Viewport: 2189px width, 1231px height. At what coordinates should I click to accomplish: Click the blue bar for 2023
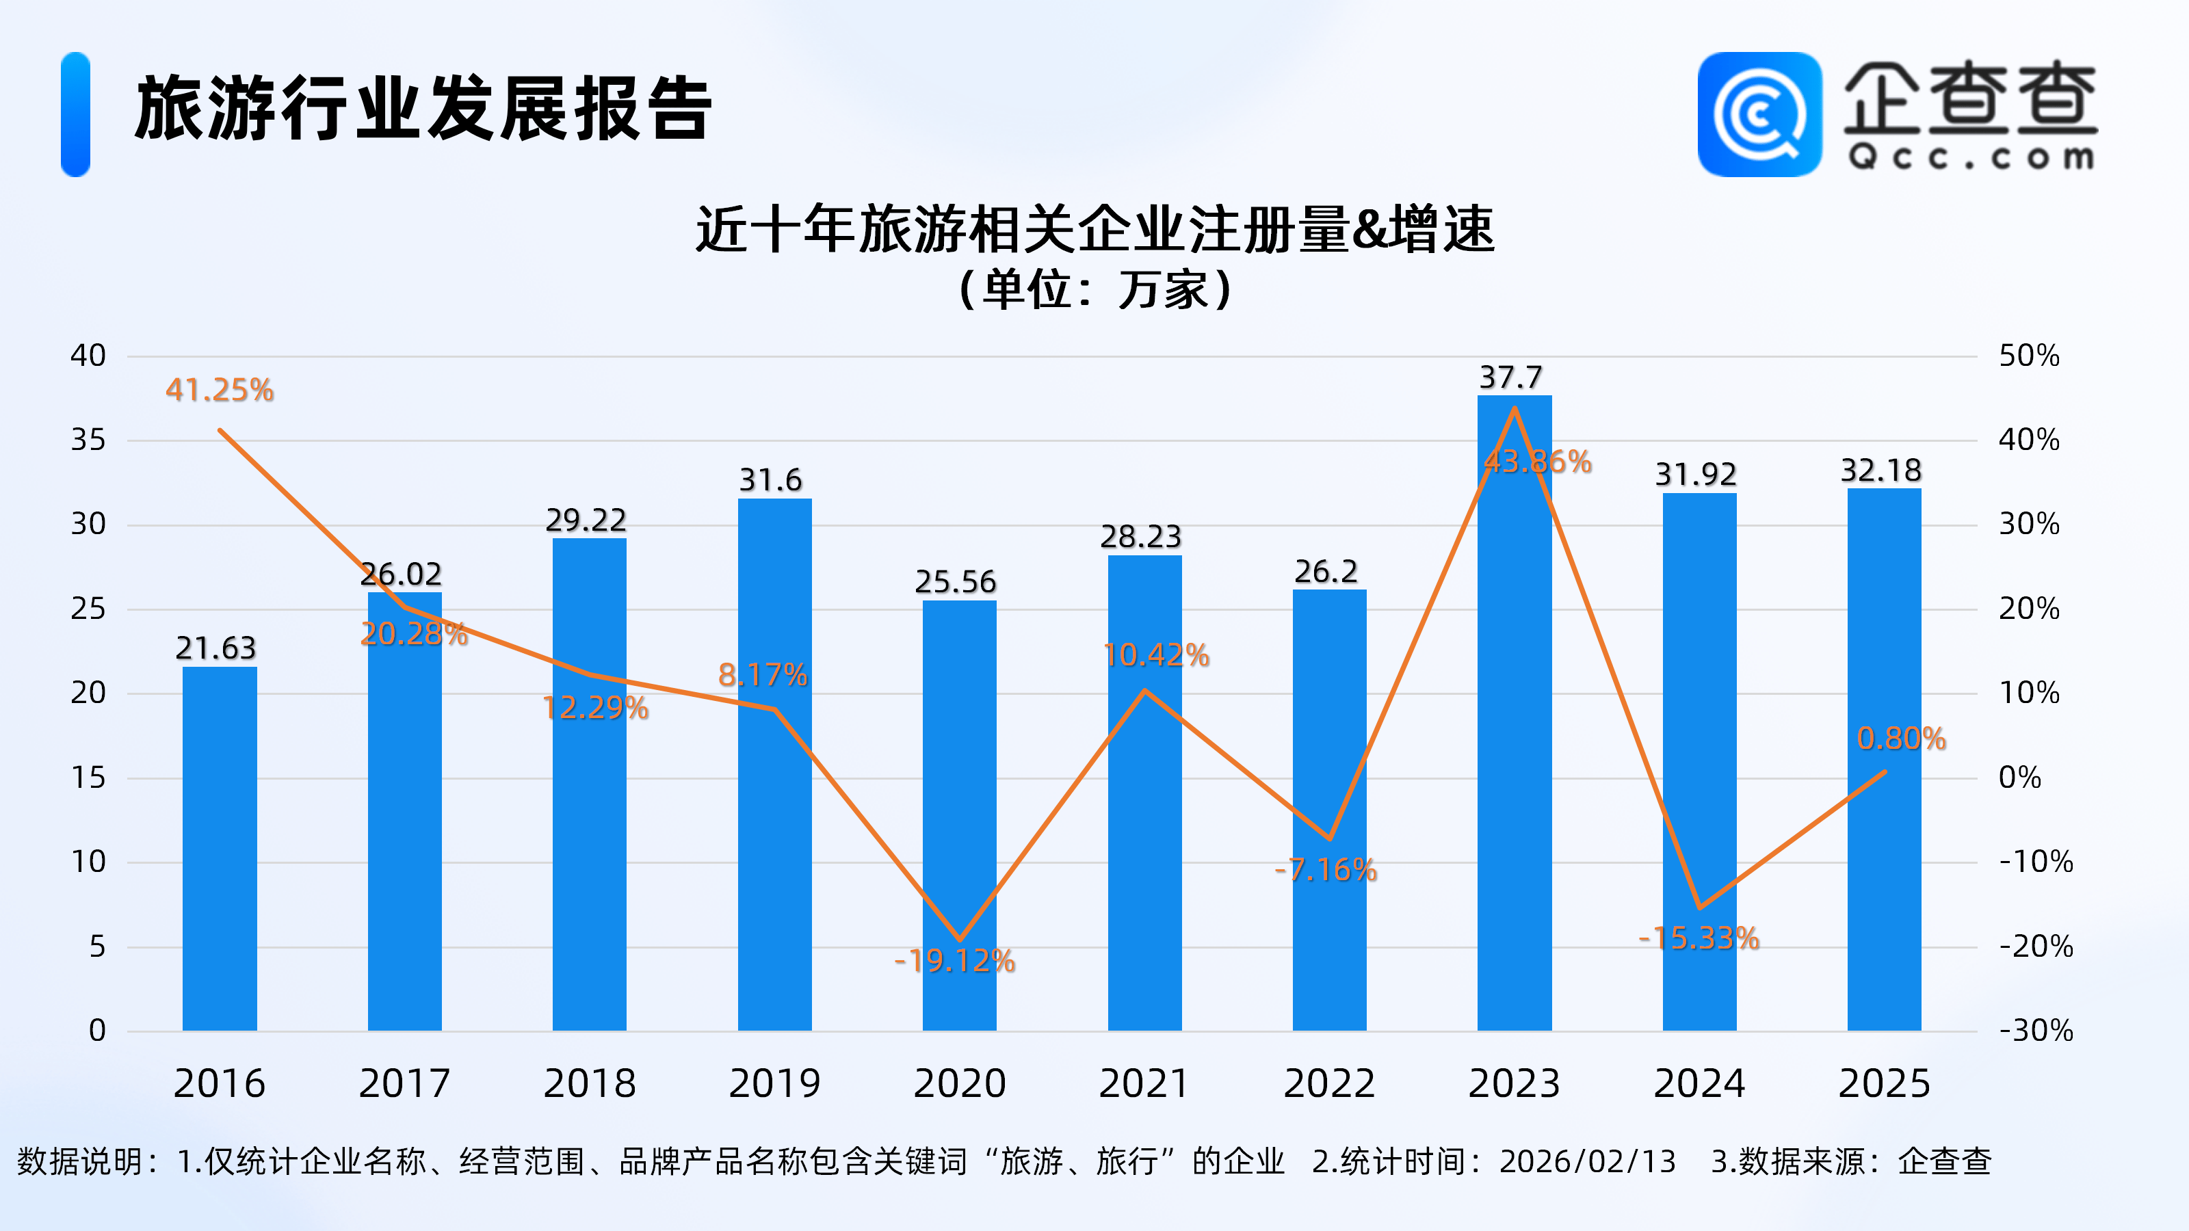pyautogui.click(x=1515, y=722)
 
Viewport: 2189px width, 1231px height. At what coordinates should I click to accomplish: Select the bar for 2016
pyautogui.click(x=219, y=849)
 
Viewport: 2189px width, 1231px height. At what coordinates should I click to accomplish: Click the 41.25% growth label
pyautogui.click(x=219, y=390)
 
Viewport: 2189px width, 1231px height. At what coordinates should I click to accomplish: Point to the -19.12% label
pyautogui.click(x=954, y=961)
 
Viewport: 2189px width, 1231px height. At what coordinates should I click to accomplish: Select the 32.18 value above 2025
pyautogui.click(x=1880, y=471)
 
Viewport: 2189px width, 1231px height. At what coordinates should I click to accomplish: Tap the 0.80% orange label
pyautogui.click(x=1901, y=739)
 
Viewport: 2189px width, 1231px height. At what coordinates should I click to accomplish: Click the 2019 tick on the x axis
pyautogui.click(x=774, y=1083)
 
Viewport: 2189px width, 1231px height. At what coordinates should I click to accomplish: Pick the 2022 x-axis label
pyautogui.click(x=1329, y=1083)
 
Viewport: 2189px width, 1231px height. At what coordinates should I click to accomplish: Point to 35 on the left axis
pyautogui.click(x=88, y=440)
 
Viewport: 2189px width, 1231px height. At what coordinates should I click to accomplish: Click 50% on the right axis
pyautogui.click(x=2028, y=356)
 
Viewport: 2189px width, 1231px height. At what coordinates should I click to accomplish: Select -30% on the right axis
pyautogui.click(x=2035, y=1031)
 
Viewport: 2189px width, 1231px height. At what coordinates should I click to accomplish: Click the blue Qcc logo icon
pyautogui.click(x=1759, y=115)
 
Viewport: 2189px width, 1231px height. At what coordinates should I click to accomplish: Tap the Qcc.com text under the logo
pyautogui.click(x=1971, y=157)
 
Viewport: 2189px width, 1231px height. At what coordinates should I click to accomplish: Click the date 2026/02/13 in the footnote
pyautogui.click(x=1587, y=1161)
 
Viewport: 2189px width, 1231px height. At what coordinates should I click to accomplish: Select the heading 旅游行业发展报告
pyautogui.click(x=422, y=109)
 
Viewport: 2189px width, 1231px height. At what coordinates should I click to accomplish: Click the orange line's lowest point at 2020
pyautogui.click(x=959, y=940)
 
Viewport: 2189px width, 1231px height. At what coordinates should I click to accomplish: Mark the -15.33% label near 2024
pyautogui.click(x=1698, y=938)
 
